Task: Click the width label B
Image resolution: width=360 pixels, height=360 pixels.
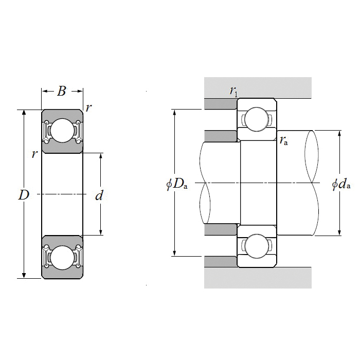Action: pyautogui.click(x=62, y=92)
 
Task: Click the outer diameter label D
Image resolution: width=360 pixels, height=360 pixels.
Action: pyautogui.click(x=24, y=195)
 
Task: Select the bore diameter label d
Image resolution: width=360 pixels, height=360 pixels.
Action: pyautogui.click(x=100, y=195)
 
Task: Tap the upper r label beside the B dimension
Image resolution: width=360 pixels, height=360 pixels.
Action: pyautogui.click(x=89, y=108)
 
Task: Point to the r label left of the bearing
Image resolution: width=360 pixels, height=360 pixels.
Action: pyautogui.click(x=34, y=154)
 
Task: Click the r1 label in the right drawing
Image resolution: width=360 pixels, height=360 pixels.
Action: pyautogui.click(x=233, y=92)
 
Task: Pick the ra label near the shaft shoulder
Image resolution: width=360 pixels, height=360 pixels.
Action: pyautogui.click(x=284, y=140)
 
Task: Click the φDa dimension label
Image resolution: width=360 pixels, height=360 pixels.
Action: pyautogui.click(x=177, y=184)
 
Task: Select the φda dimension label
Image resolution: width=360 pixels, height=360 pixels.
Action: pyautogui.click(x=341, y=184)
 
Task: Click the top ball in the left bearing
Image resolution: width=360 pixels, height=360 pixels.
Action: pyautogui.click(x=62, y=131)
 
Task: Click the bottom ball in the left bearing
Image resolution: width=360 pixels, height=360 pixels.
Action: pyautogui.click(x=62, y=257)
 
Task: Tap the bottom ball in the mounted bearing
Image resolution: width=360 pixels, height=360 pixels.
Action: pyautogui.click(x=256, y=245)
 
